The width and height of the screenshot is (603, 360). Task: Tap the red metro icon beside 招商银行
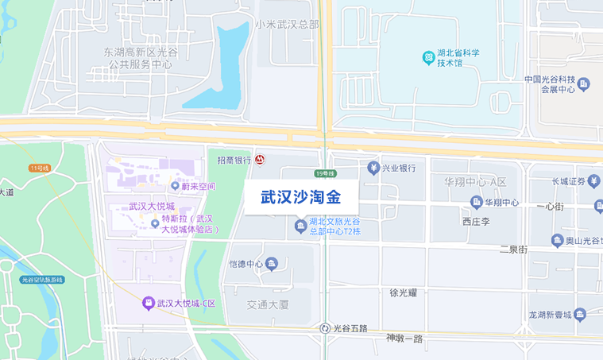click(x=260, y=160)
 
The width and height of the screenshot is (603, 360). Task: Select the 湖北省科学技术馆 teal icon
click(x=428, y=57)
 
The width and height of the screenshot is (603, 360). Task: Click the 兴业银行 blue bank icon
click(x=373, y=168)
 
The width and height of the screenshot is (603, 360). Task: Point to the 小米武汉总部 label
click(x=287, y=25)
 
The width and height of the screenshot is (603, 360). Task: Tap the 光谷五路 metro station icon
click(x=325, y=328)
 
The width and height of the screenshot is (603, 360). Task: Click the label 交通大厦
click(x=268, y=304)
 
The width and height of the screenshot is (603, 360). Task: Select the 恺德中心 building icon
click(x=272, y=264)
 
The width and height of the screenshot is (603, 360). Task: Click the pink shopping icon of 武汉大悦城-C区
click(x=148, y=303)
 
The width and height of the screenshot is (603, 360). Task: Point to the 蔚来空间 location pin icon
click(x=174, y=187)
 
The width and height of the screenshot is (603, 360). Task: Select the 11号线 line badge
click(x=39, y=168)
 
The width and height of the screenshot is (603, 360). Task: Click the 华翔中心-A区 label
click(x=475, y=182)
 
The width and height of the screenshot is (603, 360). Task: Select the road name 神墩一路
click(x=405, y=339)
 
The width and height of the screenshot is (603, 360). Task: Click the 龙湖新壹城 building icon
click(x=580, y=315)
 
